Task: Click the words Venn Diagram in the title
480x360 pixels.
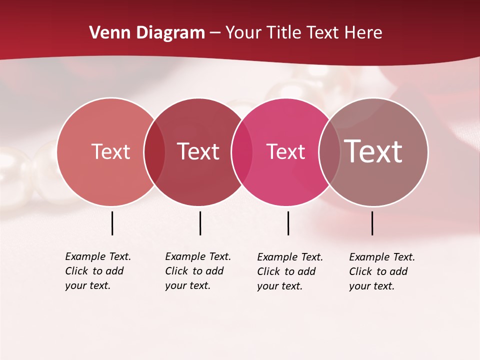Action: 147,33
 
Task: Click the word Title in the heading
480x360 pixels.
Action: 285,33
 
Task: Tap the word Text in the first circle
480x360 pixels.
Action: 110,151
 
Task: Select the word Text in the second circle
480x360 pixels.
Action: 198,151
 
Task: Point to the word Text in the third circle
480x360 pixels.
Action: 285,151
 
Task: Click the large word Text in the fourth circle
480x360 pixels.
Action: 373,151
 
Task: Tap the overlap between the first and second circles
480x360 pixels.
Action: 154,152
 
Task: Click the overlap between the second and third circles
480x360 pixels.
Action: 242,152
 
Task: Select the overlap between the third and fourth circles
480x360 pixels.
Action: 329,152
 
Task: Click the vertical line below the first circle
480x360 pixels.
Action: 112,223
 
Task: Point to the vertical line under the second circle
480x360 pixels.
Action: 200,223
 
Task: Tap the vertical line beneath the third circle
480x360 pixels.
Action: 288,223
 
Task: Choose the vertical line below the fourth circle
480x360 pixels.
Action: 372,223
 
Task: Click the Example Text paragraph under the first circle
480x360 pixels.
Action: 98,271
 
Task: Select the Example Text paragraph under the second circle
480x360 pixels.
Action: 198,271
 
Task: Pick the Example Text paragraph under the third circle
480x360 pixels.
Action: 290,271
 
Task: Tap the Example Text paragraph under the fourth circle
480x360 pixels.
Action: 382,271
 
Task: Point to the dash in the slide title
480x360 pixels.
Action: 215,33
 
